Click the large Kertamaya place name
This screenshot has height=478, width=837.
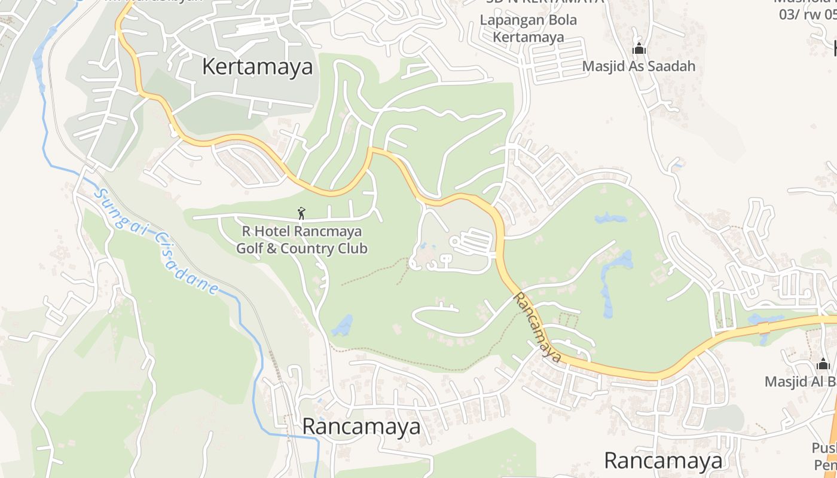(x=257, y=66)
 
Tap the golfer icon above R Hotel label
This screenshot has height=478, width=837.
(x=301, y=213)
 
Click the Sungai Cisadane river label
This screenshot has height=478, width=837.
(x=155, y=242)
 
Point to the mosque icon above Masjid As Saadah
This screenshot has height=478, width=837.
(x=639, y=49)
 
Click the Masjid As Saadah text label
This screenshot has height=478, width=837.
(x=639, y=66)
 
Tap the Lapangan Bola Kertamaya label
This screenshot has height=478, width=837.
(x=529, y=28)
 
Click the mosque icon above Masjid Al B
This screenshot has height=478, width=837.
(x=823, y=364)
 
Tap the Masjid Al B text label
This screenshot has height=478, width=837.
(x=801, y=381)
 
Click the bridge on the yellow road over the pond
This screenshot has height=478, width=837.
(x=763, y=327)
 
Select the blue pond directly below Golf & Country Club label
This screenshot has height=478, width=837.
(x=343, y=326)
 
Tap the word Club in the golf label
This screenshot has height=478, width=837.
(x=353, y=248)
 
